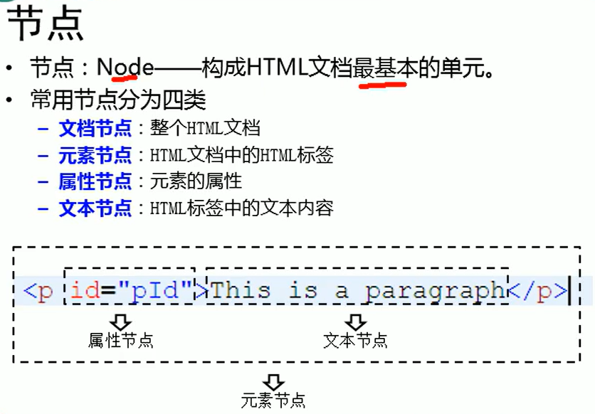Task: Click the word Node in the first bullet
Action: tap(125, 68)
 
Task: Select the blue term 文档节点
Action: tap(95, 128)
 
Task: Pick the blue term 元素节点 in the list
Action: tap(95, 155)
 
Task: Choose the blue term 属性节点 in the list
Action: tap(95, 181)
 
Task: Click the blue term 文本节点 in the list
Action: tap(95, 208)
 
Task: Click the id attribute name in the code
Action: tap(85, 291)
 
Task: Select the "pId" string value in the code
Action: tap(157, 291)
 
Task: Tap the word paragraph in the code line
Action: tap(435, 291)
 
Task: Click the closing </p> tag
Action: tap(537, 291)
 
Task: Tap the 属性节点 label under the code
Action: tap(121, 340)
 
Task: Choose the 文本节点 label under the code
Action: tap(355, 340)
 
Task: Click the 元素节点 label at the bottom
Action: tap(273, 400)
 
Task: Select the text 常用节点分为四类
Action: tap(118, 100)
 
